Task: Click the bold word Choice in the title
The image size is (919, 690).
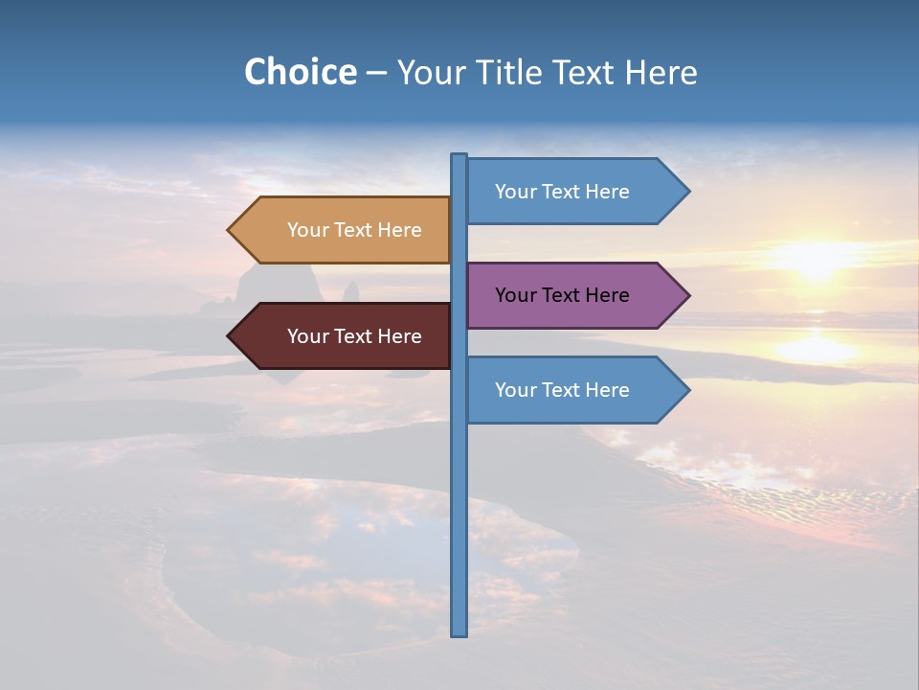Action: pyautogui.click(x=300, y=72)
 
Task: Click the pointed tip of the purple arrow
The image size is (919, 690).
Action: pyautogui.click(x=687, y=295)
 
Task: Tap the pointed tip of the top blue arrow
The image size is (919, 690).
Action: pyautogui.click(x=687, y=192)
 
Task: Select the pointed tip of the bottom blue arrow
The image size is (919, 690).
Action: pyautogui.click(x=687, y=390)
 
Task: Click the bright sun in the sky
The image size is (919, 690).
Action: pyautogui.click(x=817, y=257)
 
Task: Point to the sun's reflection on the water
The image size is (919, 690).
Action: pyautogui.click(x=817, y=347)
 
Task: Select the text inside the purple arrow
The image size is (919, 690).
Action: pyautogui.click(x=562, y=295)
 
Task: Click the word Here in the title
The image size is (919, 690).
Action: pyautogui.click(x=661, y=72)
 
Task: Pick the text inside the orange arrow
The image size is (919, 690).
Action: pyautogui.click(x=354, y=230)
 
